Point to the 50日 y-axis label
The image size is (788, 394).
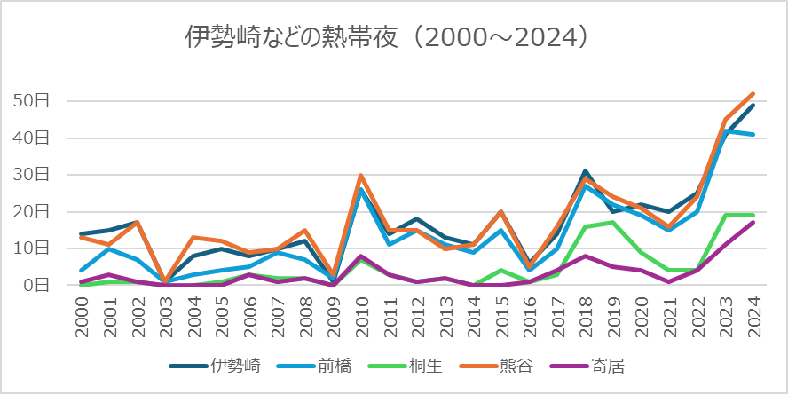point(35,101)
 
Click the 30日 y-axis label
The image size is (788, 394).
point(35,175)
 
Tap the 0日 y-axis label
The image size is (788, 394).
point(39,285)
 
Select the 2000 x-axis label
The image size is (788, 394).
point(82,316)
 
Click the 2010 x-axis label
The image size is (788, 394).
point(361,316)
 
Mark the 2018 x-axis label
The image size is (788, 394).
point(585,316)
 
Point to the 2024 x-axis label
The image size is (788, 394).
point(753,316)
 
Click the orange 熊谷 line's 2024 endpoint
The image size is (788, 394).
point(753,94)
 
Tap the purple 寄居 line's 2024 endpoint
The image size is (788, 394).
point(753,223)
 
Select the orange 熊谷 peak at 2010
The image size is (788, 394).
point(361,175)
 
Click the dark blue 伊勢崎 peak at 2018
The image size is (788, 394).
point(585,171)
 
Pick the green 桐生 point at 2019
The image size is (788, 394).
point(613,223)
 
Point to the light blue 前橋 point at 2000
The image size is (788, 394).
point(82,271)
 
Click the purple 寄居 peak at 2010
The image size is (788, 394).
point(361,256)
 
